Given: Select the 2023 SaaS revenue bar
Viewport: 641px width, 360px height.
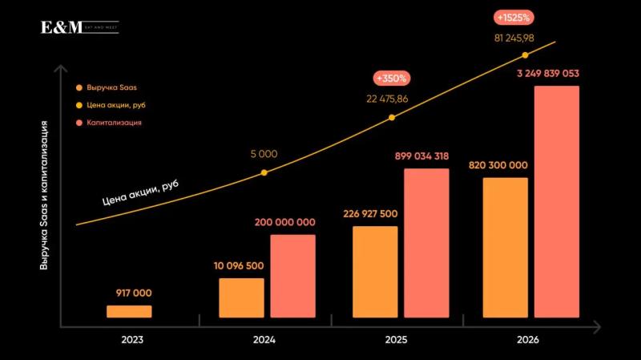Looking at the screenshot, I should pos(129,311).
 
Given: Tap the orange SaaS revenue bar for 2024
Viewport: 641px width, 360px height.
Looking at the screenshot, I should pos(241,297).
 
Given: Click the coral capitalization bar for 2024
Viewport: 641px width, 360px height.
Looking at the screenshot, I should pos(292,276).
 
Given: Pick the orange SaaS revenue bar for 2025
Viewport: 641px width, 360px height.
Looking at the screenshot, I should pos(375,272).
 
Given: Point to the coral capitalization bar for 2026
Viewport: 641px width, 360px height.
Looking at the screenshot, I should pos(556,201).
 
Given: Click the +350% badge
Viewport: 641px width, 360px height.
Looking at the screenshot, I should pos(392,79).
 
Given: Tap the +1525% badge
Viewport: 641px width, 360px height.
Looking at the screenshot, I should pos(514,16).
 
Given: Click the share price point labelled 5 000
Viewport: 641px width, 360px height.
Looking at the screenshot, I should pos(264,172).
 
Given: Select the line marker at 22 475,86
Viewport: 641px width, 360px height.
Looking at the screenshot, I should pos(392,118).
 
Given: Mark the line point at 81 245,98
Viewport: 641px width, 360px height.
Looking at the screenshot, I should pos(526,55).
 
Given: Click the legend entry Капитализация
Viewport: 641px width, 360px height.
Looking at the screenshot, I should pos(115,123).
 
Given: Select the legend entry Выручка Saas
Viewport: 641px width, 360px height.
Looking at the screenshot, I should pos(107,87).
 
